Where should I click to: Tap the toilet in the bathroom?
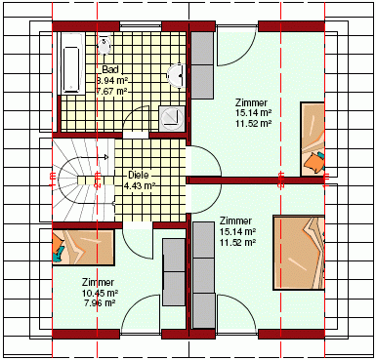click(x=104, y=45)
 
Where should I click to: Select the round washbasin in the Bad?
click(x=176, y=76)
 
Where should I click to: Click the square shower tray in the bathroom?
click(x=172, y=116)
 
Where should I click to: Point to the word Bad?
click(x=110, y=69)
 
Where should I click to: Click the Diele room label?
click(x=139, y=175)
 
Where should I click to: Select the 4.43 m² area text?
click(x=139, y=185)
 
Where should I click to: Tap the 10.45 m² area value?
click(x=100, y=293)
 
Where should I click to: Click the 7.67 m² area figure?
click(x=111, y=91)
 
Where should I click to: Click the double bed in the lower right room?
click(x=299, y=253)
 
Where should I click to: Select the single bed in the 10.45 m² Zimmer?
click(x=83, y=247)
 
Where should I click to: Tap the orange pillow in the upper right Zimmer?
click(x=313, y=161)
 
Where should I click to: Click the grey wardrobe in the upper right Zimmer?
click(x=202, y=65)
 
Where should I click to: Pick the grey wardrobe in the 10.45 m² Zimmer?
click(x=174, y=272)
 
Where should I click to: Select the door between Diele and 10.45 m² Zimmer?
click(x=138, y=243)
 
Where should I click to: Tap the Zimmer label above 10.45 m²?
click(x=98, y=282)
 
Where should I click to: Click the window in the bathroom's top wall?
click(x=141, y=25)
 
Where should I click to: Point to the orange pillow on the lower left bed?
click(x=58, y=245)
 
